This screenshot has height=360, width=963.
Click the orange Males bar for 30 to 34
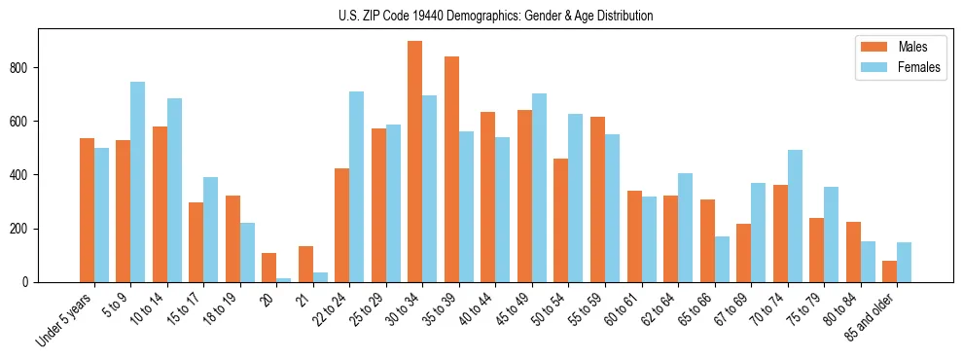415,162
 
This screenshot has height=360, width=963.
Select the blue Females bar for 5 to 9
138,182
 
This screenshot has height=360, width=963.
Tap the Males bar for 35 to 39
451,169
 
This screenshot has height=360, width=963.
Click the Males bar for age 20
269,268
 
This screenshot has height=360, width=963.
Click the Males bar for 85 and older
889,271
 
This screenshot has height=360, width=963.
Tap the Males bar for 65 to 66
707,240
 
